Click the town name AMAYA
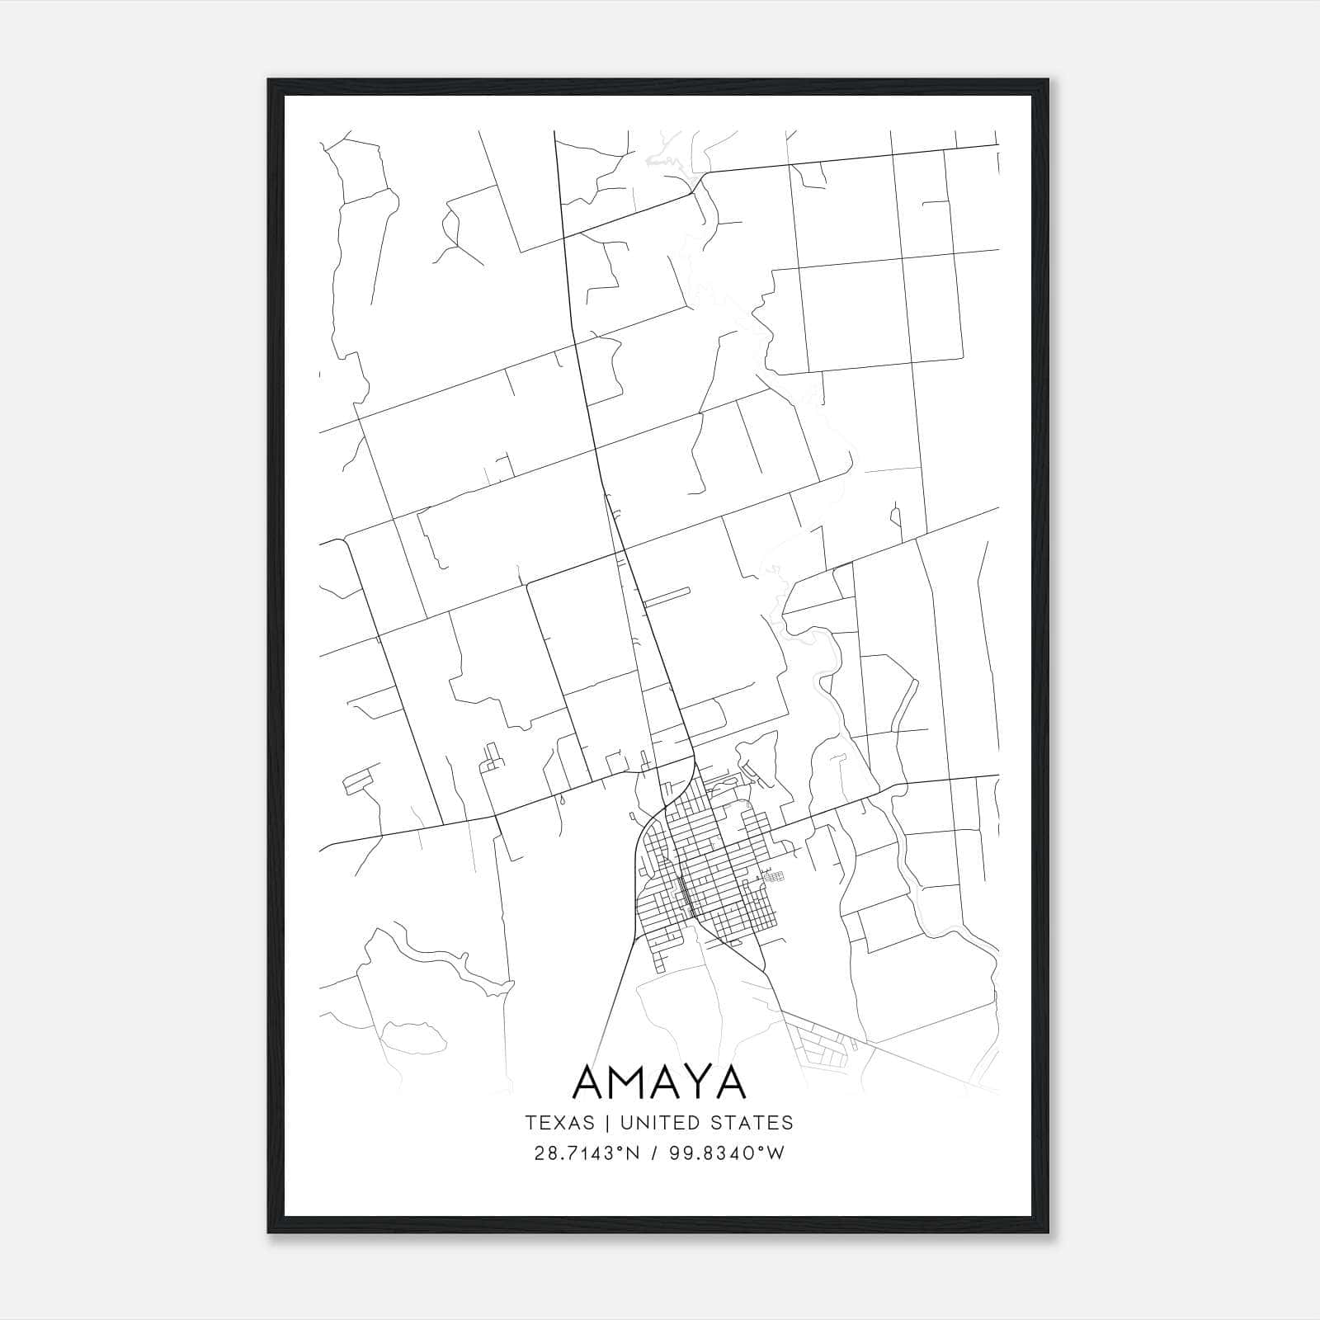pos(658,1082)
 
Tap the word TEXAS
pos(559,1123)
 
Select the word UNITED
pos(655,1123)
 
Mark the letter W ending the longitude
pos(776,1153)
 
